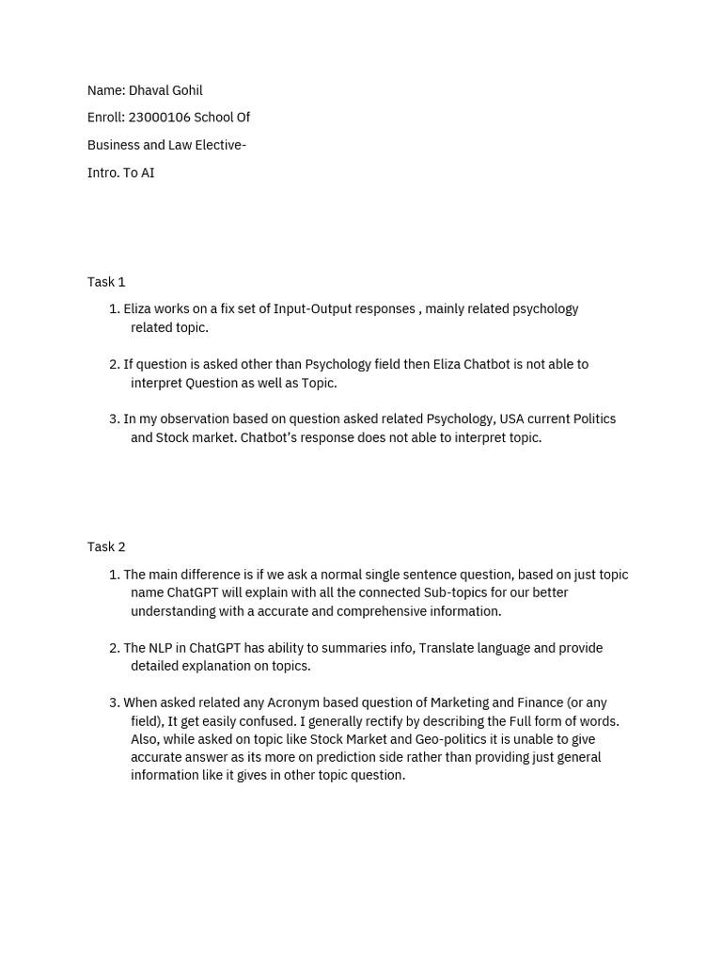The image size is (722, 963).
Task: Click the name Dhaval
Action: [x=149, y=90]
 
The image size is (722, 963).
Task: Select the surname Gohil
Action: [x=187, y=90]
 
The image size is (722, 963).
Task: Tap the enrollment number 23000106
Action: [x=158, y=118]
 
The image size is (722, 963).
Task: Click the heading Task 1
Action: [x=106, y=282]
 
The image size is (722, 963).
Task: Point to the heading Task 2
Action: [x=106, y=547]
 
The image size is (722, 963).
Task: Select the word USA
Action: [x=511, y=419]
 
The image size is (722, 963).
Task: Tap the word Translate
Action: [x=450, y=648]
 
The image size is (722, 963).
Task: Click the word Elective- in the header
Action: [x=217, y=145]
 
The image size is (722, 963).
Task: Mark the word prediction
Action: [x=350, y=757]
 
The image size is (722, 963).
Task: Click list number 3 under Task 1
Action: [x=114, y=419]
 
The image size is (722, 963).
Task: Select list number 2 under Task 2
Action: [x=114, y=648]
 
